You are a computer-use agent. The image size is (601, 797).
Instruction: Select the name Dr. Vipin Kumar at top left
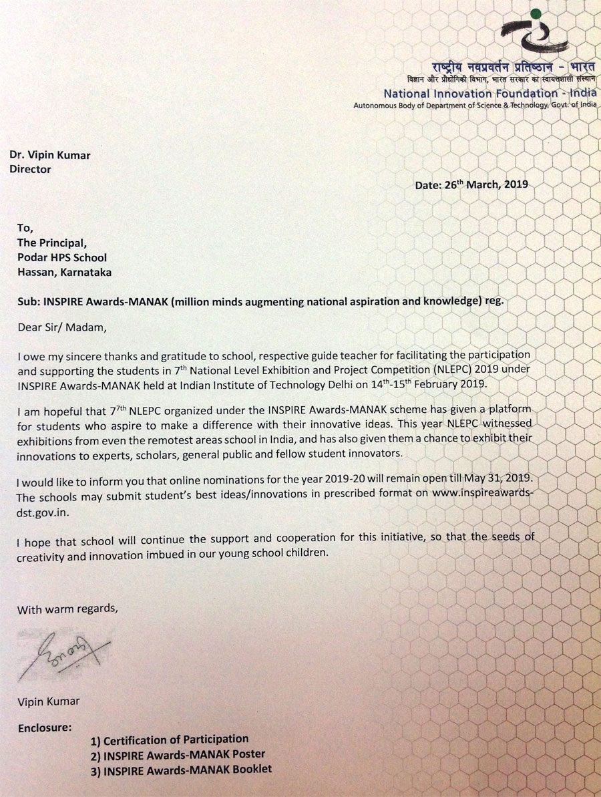coord(50,155)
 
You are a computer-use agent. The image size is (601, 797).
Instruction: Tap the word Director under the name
coord(30,169)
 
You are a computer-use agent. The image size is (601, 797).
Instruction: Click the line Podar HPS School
coord(62,257)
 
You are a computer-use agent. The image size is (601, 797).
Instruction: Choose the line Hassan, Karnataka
coord(64,272)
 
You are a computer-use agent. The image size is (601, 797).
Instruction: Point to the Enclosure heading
coord(44,726)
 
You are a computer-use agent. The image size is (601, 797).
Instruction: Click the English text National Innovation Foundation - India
coord(490,94)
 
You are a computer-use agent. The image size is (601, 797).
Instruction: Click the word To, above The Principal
coord(25,228)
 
